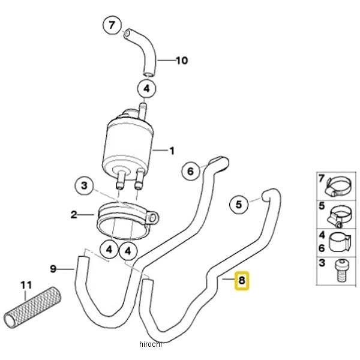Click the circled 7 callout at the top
coord(112,26)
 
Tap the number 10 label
coord(182,61)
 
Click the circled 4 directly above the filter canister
coord(146,89)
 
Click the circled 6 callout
coord(190,171)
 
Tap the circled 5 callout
coord(239,205)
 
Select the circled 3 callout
coord(84,185)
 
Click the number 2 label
coord(74,214)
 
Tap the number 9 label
coord(53,269)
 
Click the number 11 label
coord(25,286)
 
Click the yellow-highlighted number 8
coord(241,280)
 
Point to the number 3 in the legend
coord(321,263)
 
